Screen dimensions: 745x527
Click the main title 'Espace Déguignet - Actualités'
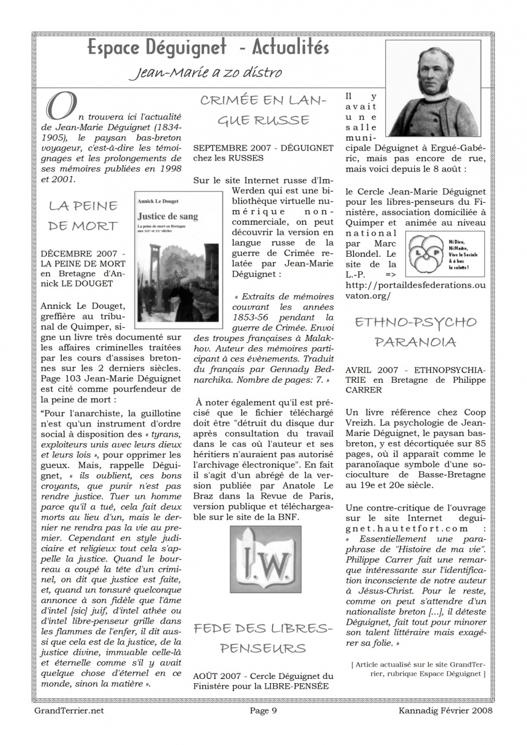pos(208,47)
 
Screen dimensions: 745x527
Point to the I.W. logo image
pos(265,559)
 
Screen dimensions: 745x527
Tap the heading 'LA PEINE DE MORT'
pos(84,216)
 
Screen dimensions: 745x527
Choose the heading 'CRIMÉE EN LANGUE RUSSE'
pos(263,110)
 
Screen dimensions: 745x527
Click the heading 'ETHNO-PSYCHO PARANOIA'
pos(415,332)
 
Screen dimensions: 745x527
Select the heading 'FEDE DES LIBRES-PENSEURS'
pos(263,638)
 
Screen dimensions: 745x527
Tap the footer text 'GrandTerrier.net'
pos(68,710)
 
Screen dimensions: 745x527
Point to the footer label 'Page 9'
pos(263,710)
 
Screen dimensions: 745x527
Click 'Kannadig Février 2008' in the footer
pos(445,710)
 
